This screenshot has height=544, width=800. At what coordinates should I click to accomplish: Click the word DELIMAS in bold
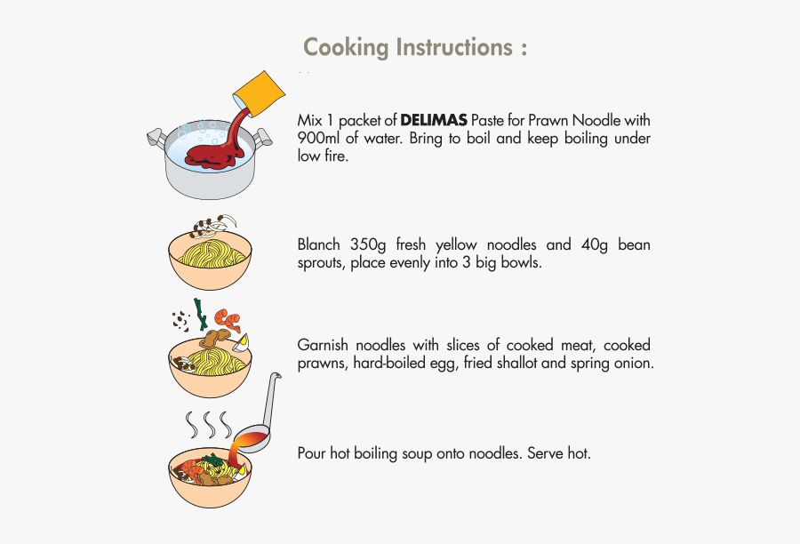[433, 120]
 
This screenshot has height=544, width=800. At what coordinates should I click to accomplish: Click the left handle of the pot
[156, 137]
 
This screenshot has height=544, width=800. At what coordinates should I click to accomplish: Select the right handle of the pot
[263, 138]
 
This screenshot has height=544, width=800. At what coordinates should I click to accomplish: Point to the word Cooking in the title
[346, 47]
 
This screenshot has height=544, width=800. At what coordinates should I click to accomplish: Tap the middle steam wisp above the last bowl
[211, 422]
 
